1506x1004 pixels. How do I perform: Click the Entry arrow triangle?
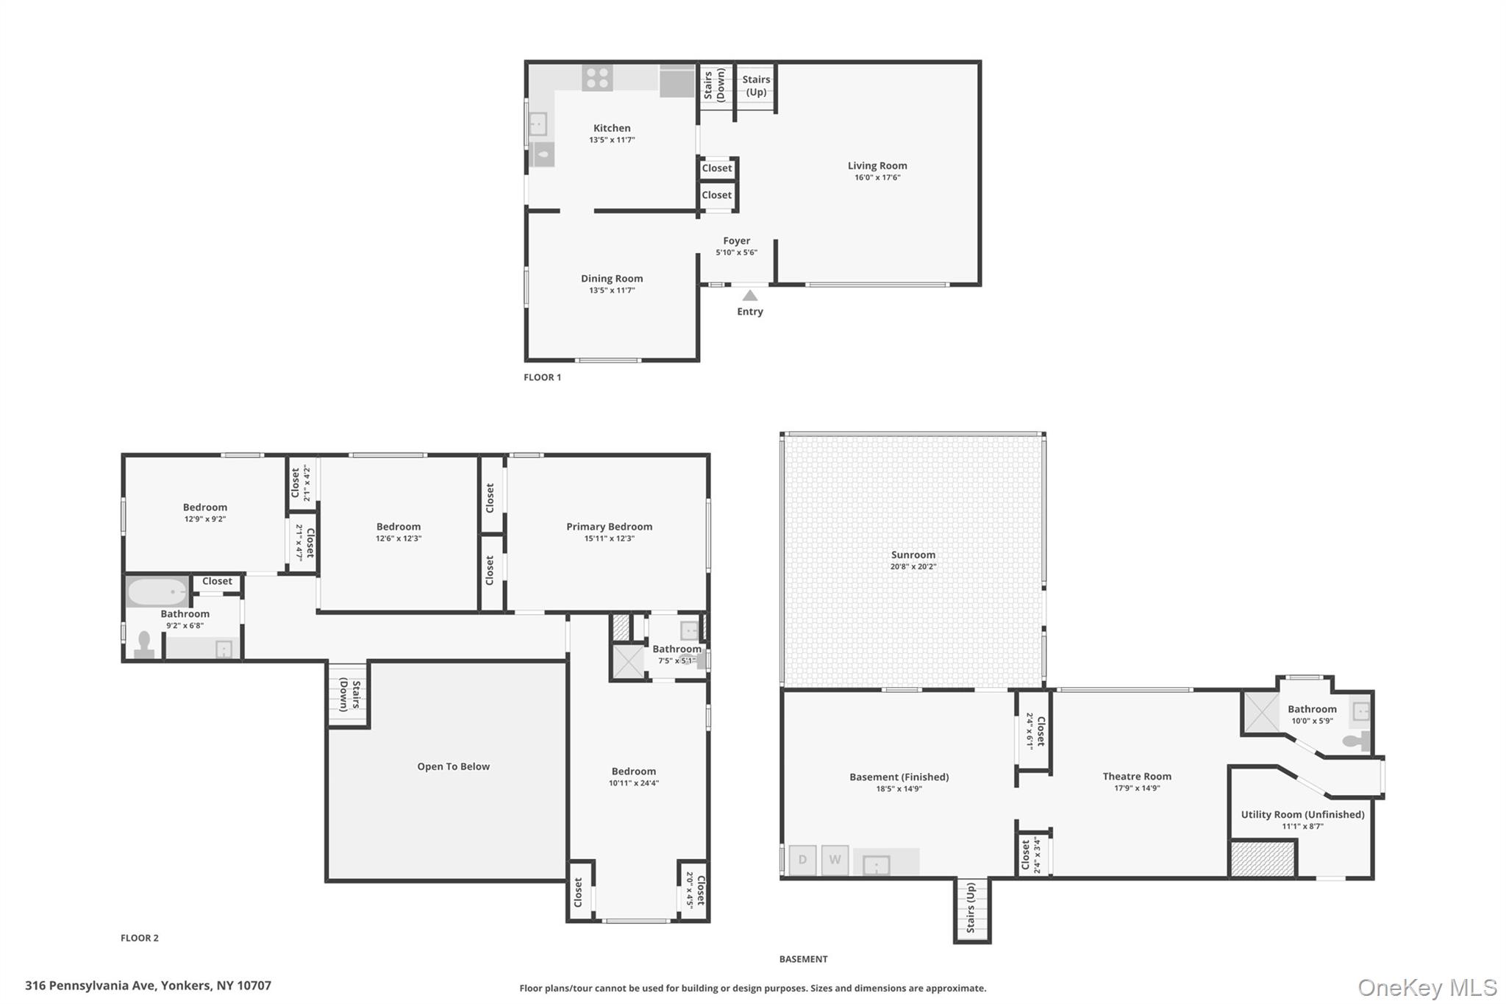[749, 296]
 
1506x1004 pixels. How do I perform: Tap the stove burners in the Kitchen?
[597, 78]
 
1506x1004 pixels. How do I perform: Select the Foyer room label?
[736, 241]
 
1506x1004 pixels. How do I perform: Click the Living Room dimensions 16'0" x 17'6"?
[877, 178]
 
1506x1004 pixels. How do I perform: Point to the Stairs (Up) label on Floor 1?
[756, 85]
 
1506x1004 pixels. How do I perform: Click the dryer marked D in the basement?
[802, 860]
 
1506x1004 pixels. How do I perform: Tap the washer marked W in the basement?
[835, 860]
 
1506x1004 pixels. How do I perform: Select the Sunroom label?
[913, 555]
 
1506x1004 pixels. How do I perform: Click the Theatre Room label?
[1137, 776]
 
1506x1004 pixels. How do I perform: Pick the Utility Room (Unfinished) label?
[1302, 814]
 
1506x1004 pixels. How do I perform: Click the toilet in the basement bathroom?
[1356, 741]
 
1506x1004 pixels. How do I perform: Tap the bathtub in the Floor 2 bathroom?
[157, 591]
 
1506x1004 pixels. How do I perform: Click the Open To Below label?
[453, 766]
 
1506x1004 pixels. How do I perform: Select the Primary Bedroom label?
[609, 527]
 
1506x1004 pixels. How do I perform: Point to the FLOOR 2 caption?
[140, 938]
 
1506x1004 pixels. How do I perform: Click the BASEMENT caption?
[803, 959]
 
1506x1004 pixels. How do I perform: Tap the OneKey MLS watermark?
[1427, 987]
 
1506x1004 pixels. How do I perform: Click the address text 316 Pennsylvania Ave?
[90, 986]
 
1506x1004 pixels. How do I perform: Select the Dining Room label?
[612, 279]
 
